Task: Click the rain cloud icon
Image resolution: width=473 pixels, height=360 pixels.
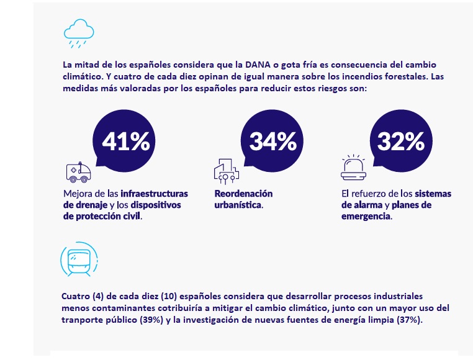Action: (78, 33)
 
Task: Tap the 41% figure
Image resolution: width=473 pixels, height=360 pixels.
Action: (125, 141)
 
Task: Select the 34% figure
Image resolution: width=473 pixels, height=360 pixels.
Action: (273, 141)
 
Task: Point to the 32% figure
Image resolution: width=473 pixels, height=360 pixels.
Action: (400, 141)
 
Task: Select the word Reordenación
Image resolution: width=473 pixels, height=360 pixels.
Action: (243, 194)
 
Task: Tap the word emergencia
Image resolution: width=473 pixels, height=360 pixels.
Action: (366, 217)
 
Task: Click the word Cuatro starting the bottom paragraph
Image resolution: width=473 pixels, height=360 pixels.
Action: (77, 296)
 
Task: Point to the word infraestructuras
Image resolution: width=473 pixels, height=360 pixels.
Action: (154, 194)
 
